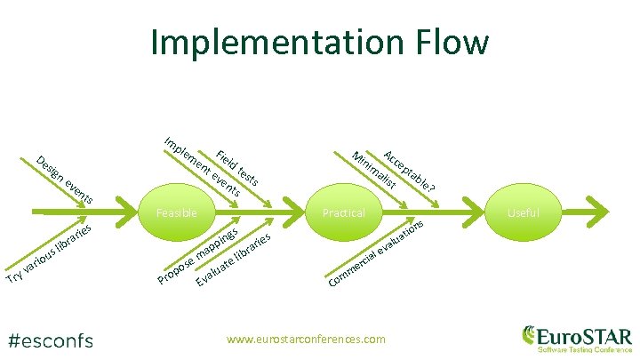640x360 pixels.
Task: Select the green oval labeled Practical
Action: pos(345,213)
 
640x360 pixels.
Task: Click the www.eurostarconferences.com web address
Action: pos(307,339)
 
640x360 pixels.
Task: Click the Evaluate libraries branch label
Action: pos(234,260)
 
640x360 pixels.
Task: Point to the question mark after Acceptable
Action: pos(432,188)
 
